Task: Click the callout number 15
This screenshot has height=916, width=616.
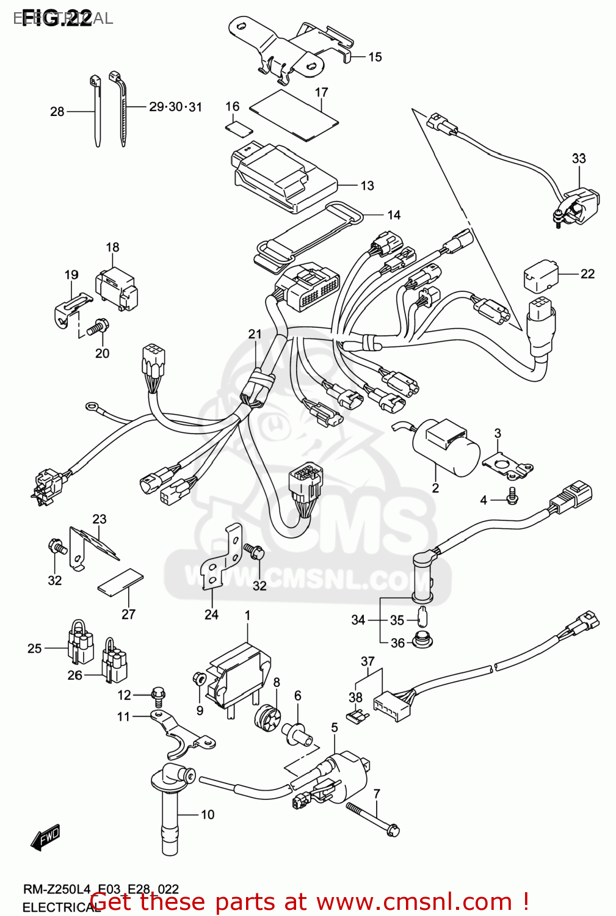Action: tap(375, 57)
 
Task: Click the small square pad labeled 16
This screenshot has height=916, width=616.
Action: tap(238, 128)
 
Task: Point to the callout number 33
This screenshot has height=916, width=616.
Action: tap(578, 159)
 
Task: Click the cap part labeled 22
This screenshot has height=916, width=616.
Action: tap(540, 276)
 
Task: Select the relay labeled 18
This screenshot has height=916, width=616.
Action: tap(116, 289)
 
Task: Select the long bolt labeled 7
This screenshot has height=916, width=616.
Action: tap(372, 819)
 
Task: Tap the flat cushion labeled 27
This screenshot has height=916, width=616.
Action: tap(121, 582)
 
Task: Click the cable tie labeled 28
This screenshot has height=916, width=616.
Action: tap(96, 113)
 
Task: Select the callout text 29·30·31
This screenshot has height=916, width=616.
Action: tap(175, 107)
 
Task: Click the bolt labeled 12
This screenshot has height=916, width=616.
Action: tap(158, 695)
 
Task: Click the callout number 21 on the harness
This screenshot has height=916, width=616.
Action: tap(255, 334)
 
